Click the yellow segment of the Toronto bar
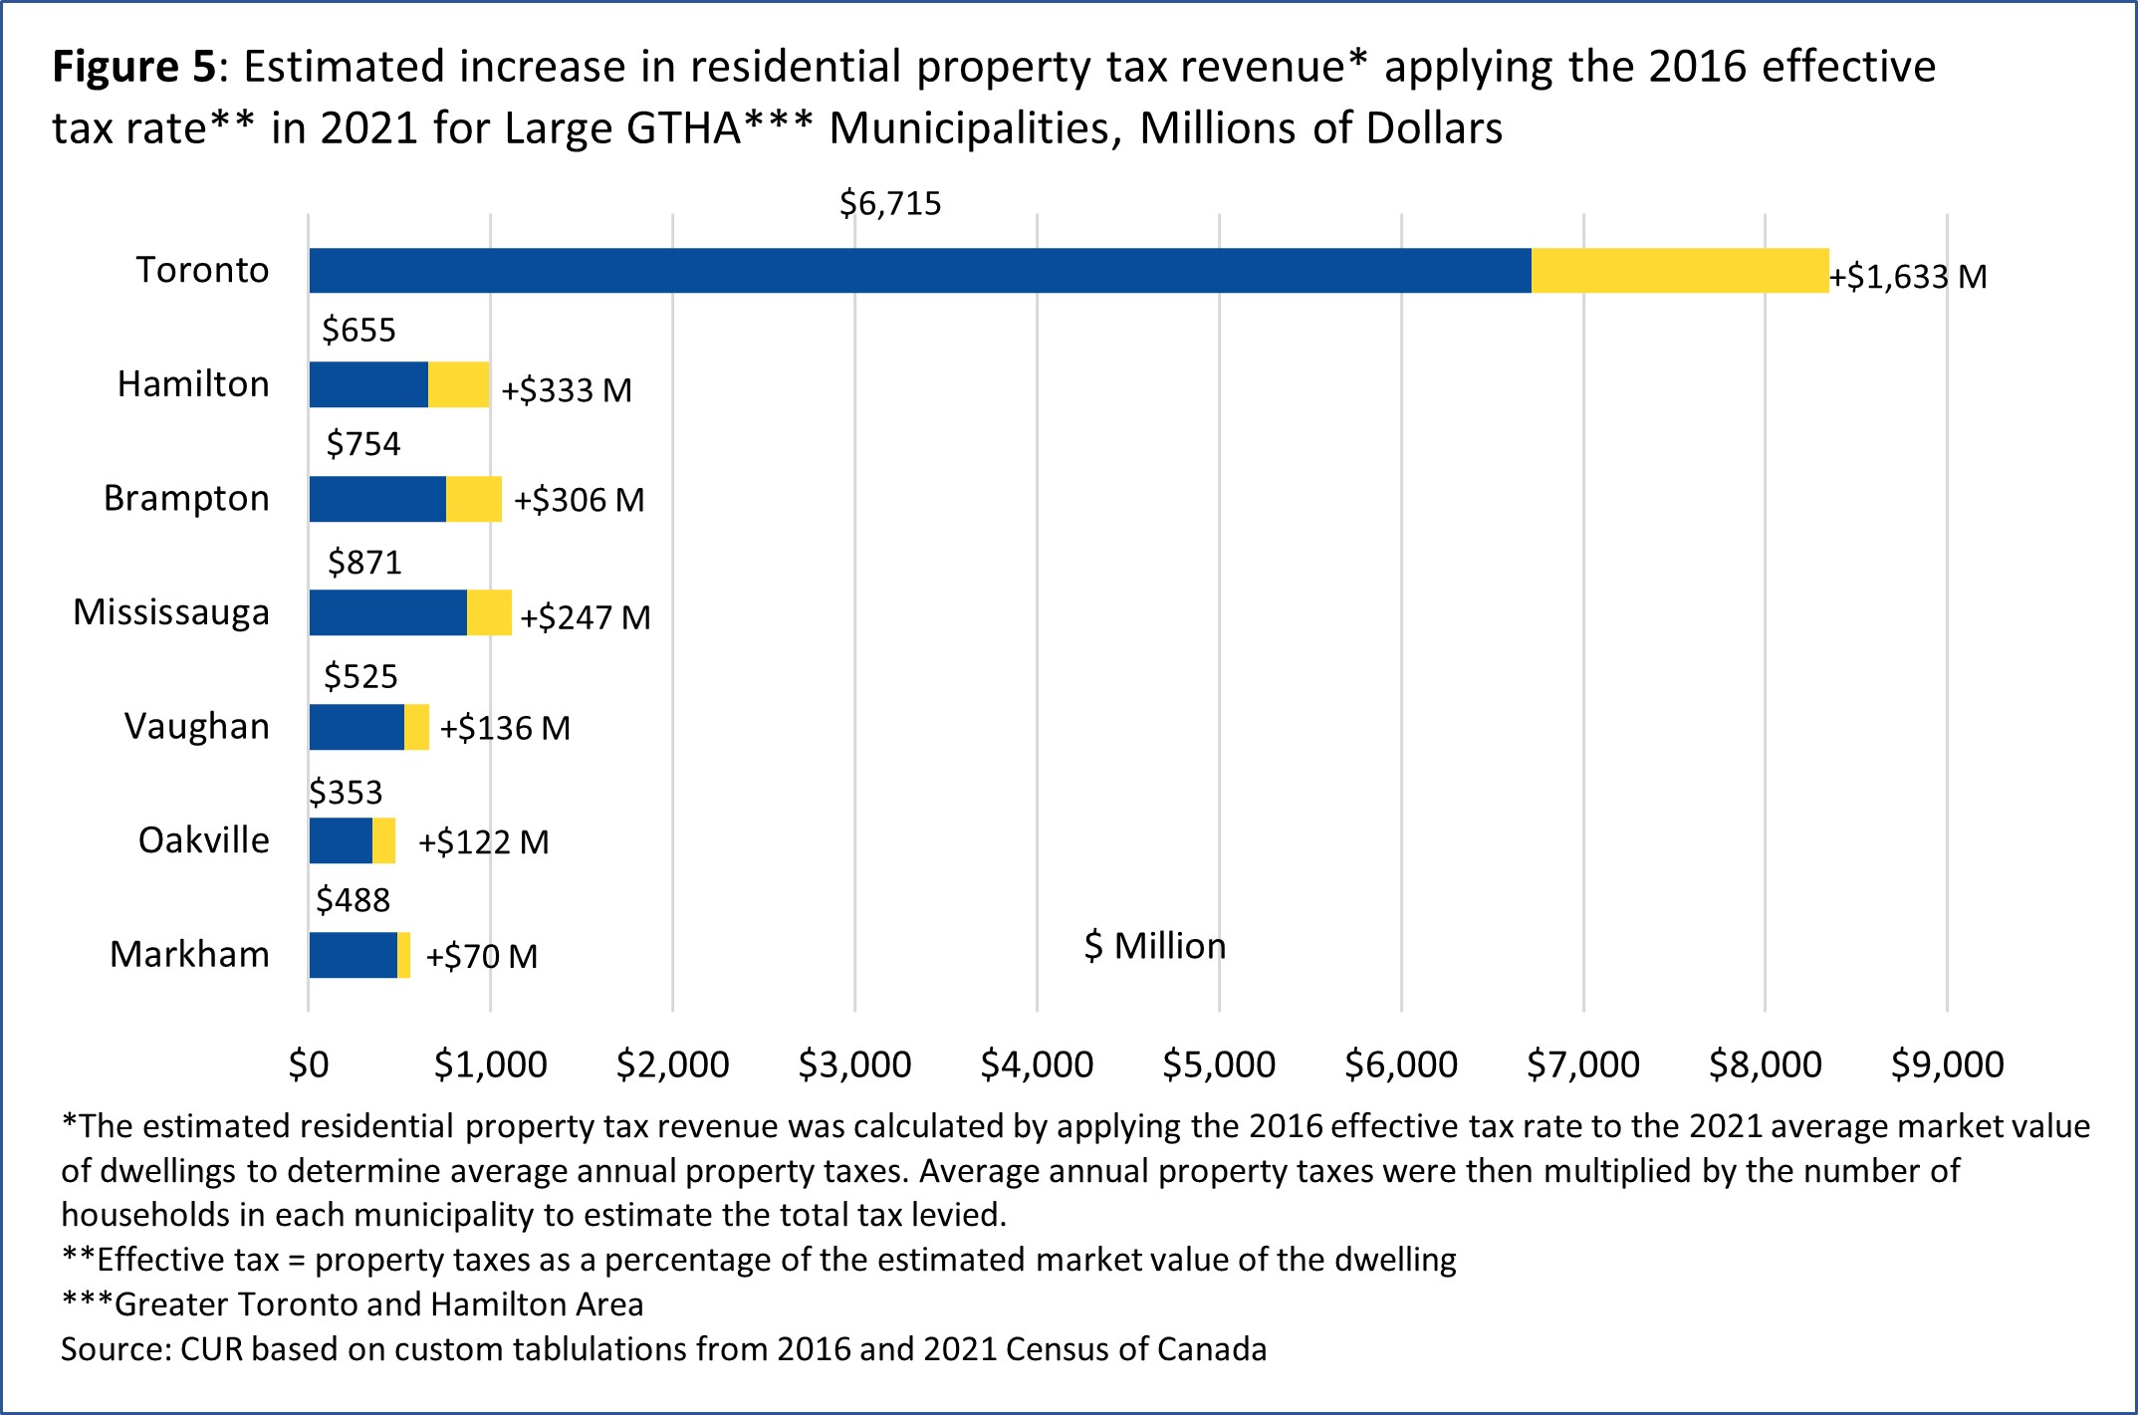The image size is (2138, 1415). (1679, 271)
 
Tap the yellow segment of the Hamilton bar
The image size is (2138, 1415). (458, 384)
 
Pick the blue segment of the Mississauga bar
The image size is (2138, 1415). (387, 612)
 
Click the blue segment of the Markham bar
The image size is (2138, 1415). (353, 955)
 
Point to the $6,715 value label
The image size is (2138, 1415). (890, 204)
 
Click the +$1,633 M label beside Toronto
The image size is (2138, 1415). (1908, 277)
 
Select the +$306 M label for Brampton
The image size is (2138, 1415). (579, 500)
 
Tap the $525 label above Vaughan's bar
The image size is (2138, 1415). (360, 677)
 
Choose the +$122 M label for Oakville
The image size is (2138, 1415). (483, 842)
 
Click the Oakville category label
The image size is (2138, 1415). (203, 840)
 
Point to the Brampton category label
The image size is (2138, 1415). (186, 498)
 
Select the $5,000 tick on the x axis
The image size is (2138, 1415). (1219, 1064)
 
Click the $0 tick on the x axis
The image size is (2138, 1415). (309, 1064)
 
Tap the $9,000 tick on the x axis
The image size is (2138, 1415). (1947, 1064)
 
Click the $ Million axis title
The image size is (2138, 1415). (1154, 946)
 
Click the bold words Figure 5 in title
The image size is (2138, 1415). (133, 68)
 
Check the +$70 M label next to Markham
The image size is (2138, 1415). (481, 957)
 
